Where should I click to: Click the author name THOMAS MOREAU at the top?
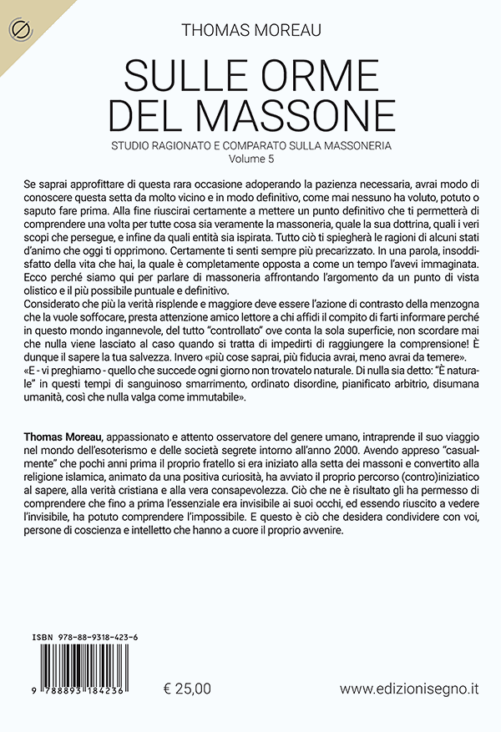click(250, 31)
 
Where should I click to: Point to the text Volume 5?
click(250, 157)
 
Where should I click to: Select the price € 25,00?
click(188, 689)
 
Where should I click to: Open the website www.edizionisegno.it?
click(409, 689)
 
